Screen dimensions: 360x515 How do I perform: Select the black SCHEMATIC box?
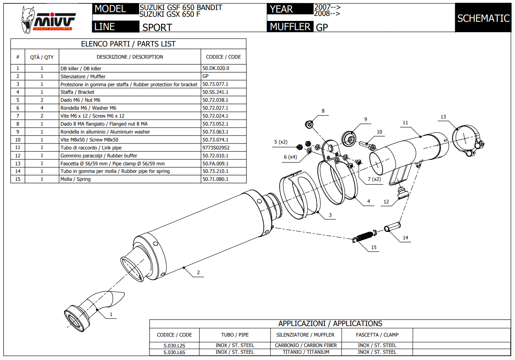click(x=483, y=18)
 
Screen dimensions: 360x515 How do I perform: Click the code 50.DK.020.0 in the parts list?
click(x=216, y=68)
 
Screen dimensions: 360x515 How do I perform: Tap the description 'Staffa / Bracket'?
click(x=77, y=92)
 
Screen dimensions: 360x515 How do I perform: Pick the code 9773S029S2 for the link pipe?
click(x=216, y=147)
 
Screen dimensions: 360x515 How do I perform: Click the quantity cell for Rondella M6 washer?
click(x=42, y=108)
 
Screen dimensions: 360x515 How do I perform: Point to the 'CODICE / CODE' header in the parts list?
click(x=223, y=57)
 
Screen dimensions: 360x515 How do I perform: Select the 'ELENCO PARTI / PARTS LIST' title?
click(x=128, y=44)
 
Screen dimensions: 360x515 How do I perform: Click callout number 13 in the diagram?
click(x=443, y=117)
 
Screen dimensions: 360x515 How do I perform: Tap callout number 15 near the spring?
click(x=373, y=247)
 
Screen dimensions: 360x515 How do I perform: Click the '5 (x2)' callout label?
click(x=281, y=142)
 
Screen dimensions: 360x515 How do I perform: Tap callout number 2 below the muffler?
click(x=198, y=273)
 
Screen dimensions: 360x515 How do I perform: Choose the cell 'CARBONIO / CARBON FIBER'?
click(x=306, y=345)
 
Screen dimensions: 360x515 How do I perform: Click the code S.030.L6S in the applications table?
click(x=174, y=352)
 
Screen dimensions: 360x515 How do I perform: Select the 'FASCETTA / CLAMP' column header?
click(x=377, y=335)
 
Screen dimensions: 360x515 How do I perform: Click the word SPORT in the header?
click(x=157, y=28)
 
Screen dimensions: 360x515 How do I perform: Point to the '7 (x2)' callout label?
click(x=374, y=179)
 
